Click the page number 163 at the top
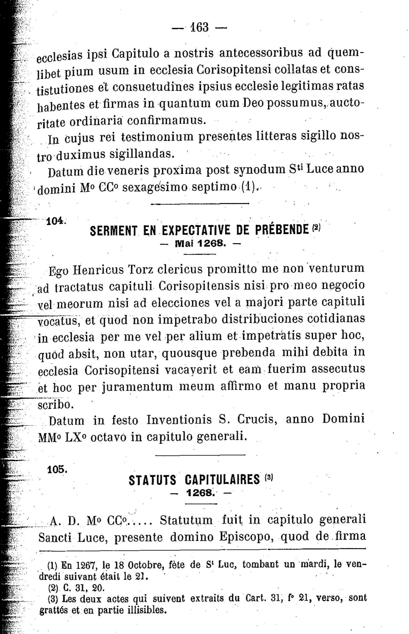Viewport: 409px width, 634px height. pyautogui.click(x=199, y=27)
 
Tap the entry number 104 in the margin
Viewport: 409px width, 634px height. pyautogui.click(x=56, y=221)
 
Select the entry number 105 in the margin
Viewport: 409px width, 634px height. pyautogui.click(x=57, y=469)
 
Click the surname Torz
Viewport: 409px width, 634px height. pyautogui.click(x=140, y=270)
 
